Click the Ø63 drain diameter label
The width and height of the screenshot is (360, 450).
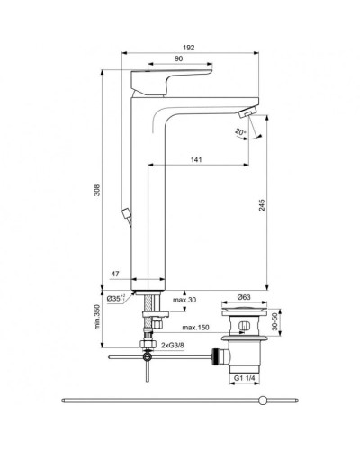tap(244, 298)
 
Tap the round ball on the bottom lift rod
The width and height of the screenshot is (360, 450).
tap(262, 399)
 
